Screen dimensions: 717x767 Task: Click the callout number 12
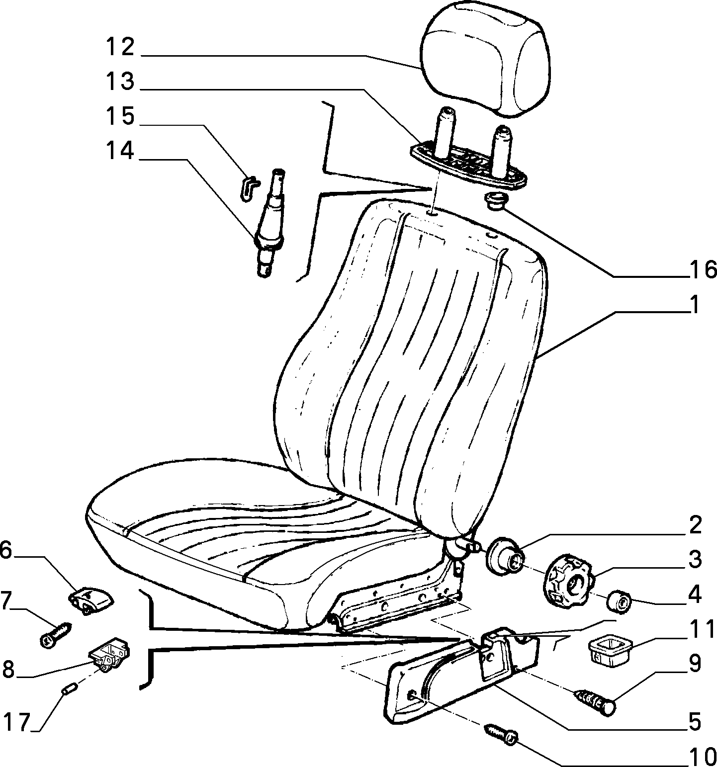[x=120, y=48]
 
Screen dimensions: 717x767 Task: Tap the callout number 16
[x=703, y=269]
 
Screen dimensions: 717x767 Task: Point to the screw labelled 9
[x=596, y=700]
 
